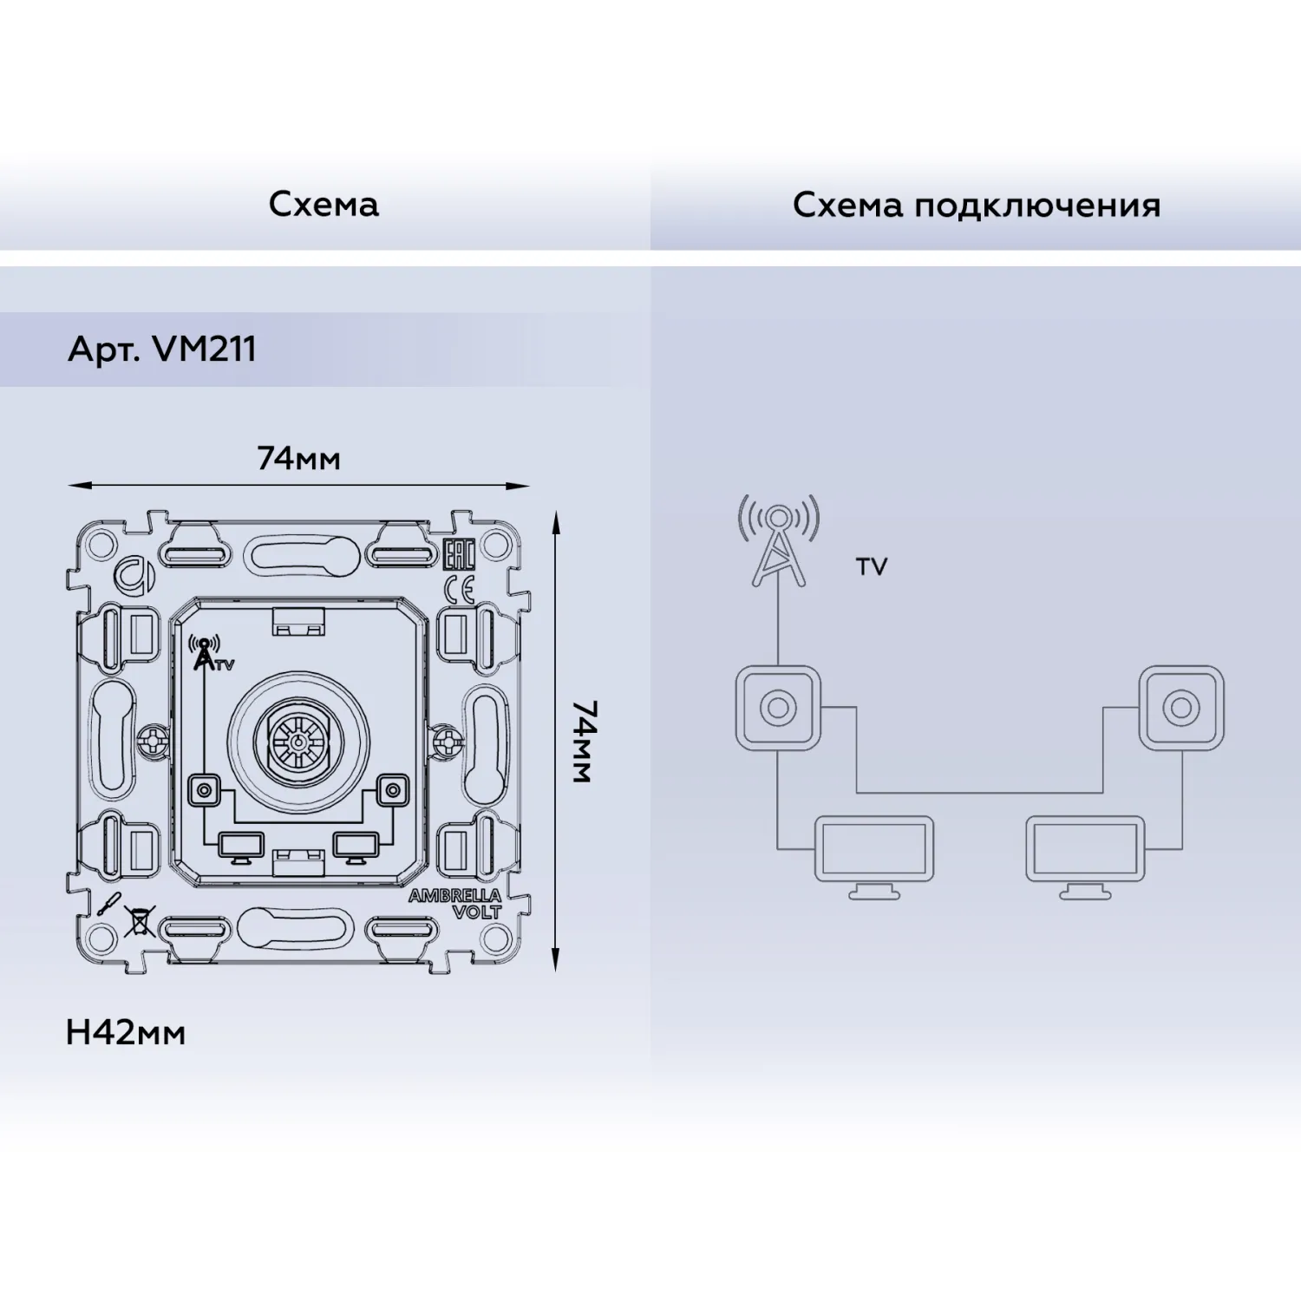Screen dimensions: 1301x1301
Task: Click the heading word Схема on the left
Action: coord(324,205)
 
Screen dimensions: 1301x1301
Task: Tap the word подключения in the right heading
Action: coord(1037,206)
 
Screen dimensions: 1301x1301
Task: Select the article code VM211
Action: coord(204,350)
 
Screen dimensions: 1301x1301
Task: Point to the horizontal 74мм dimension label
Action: coord(299,458)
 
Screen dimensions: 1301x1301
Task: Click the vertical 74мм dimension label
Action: coord(584,742)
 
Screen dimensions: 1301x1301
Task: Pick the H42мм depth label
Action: coord(126,1033)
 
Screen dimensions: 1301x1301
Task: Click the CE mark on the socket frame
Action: coord(459,587)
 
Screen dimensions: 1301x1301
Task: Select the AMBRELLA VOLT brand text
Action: coord(455,903)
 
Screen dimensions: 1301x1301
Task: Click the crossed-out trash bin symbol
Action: coord(139,921)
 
